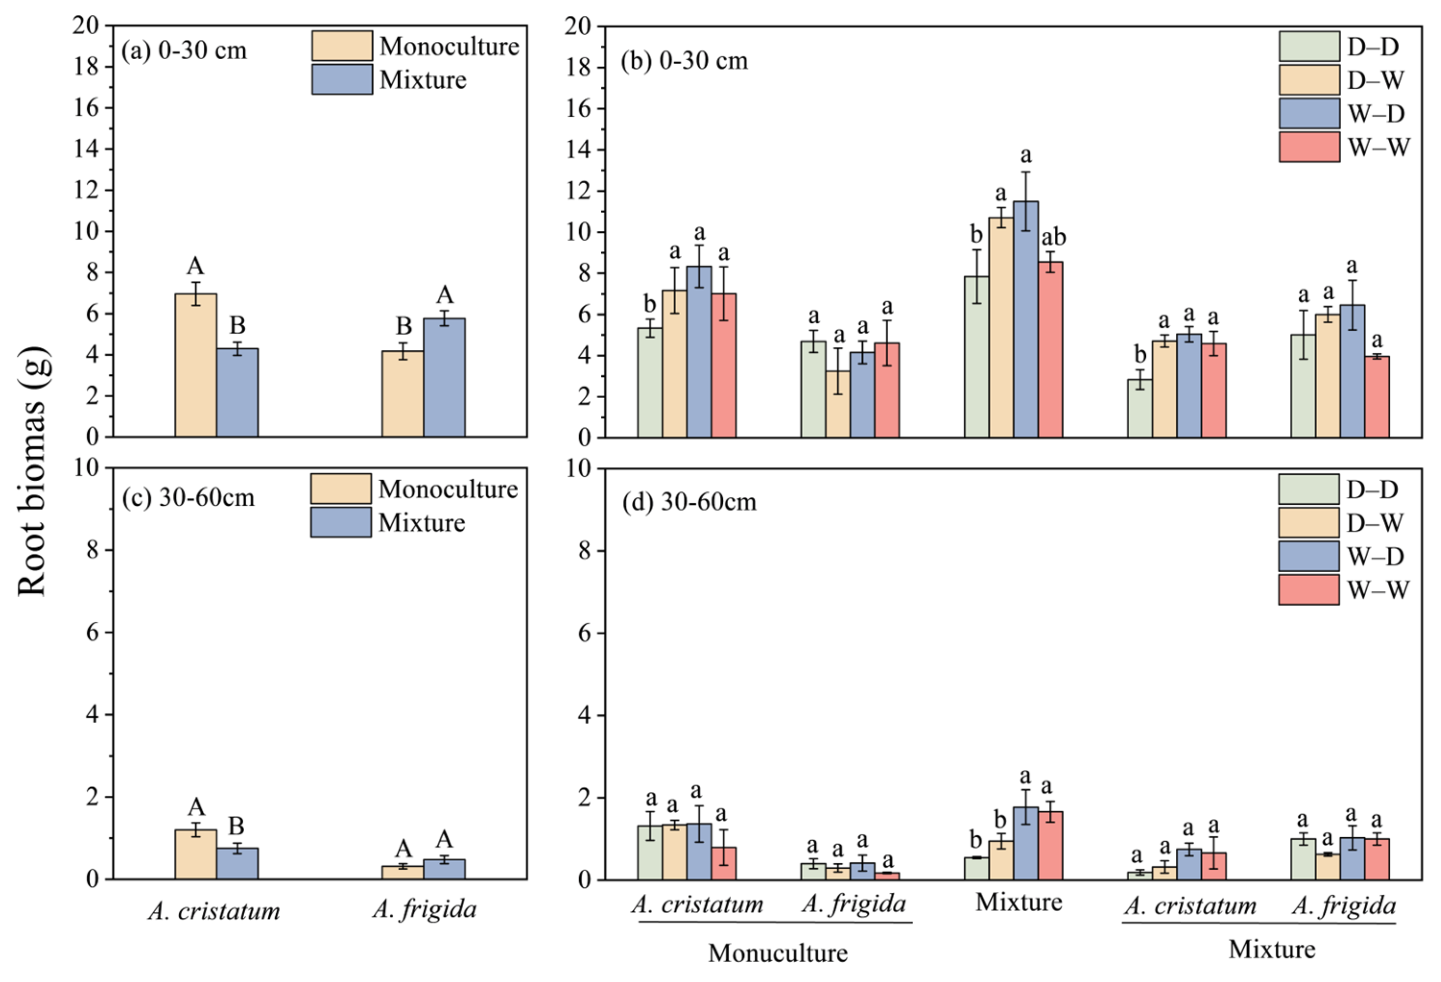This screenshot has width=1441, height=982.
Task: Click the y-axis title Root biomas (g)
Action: point(32,471)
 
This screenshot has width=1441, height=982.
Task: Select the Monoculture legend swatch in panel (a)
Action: point(342,46)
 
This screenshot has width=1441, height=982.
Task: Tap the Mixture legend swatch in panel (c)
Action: point(341,522)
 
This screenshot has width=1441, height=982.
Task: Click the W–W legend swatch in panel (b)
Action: point(1309,147)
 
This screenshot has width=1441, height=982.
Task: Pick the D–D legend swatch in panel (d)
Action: point(1308,489)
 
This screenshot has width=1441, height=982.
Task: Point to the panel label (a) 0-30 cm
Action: point(184,50)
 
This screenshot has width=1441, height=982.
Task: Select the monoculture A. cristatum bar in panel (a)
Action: point(196,365)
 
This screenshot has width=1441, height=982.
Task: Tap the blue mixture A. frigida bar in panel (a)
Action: point(444,377)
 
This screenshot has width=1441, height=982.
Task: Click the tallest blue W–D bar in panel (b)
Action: point(1025,319)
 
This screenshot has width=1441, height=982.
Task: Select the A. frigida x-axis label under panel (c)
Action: point(425,910)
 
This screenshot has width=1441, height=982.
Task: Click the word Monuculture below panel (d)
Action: point(778,953)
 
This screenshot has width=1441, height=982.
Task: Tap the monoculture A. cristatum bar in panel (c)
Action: point(196,855)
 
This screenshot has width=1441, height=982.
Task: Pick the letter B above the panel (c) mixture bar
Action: point(236,826)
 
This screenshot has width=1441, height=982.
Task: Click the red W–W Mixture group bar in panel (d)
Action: point(1050,845)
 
